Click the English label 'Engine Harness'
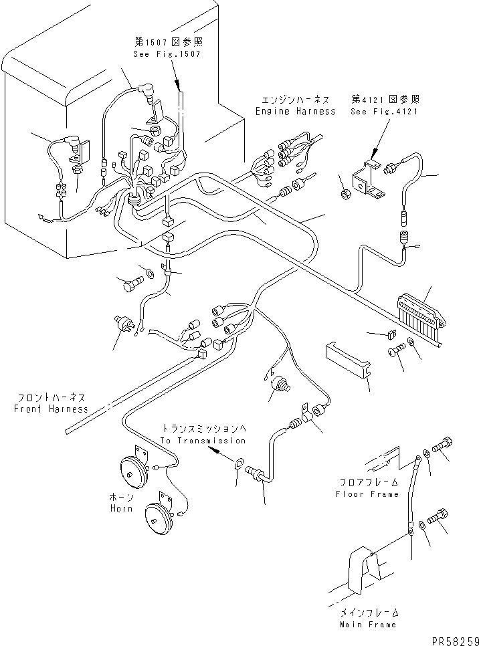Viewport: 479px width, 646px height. (x=296, y=111)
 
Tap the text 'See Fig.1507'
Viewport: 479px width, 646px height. (x=167, y=54)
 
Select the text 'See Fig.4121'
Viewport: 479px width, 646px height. (x=384, y=111)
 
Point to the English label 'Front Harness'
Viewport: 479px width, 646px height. (x=51, y=409)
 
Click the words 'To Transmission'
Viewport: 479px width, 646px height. (x=203, y=441)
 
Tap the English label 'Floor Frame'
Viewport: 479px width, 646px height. (x=367, y=494)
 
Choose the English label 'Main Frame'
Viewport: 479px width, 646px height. (x=368, y=625)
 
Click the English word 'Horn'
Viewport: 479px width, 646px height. (x=121, y=508)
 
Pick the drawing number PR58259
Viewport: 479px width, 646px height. (x=455, y=641)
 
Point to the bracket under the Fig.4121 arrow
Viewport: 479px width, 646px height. (x=368, y=179)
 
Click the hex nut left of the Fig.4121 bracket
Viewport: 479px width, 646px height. (x=347, y=193)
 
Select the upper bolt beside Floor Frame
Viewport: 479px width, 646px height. (x=442, y=445)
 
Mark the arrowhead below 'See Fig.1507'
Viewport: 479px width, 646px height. (x=179, y=88)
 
